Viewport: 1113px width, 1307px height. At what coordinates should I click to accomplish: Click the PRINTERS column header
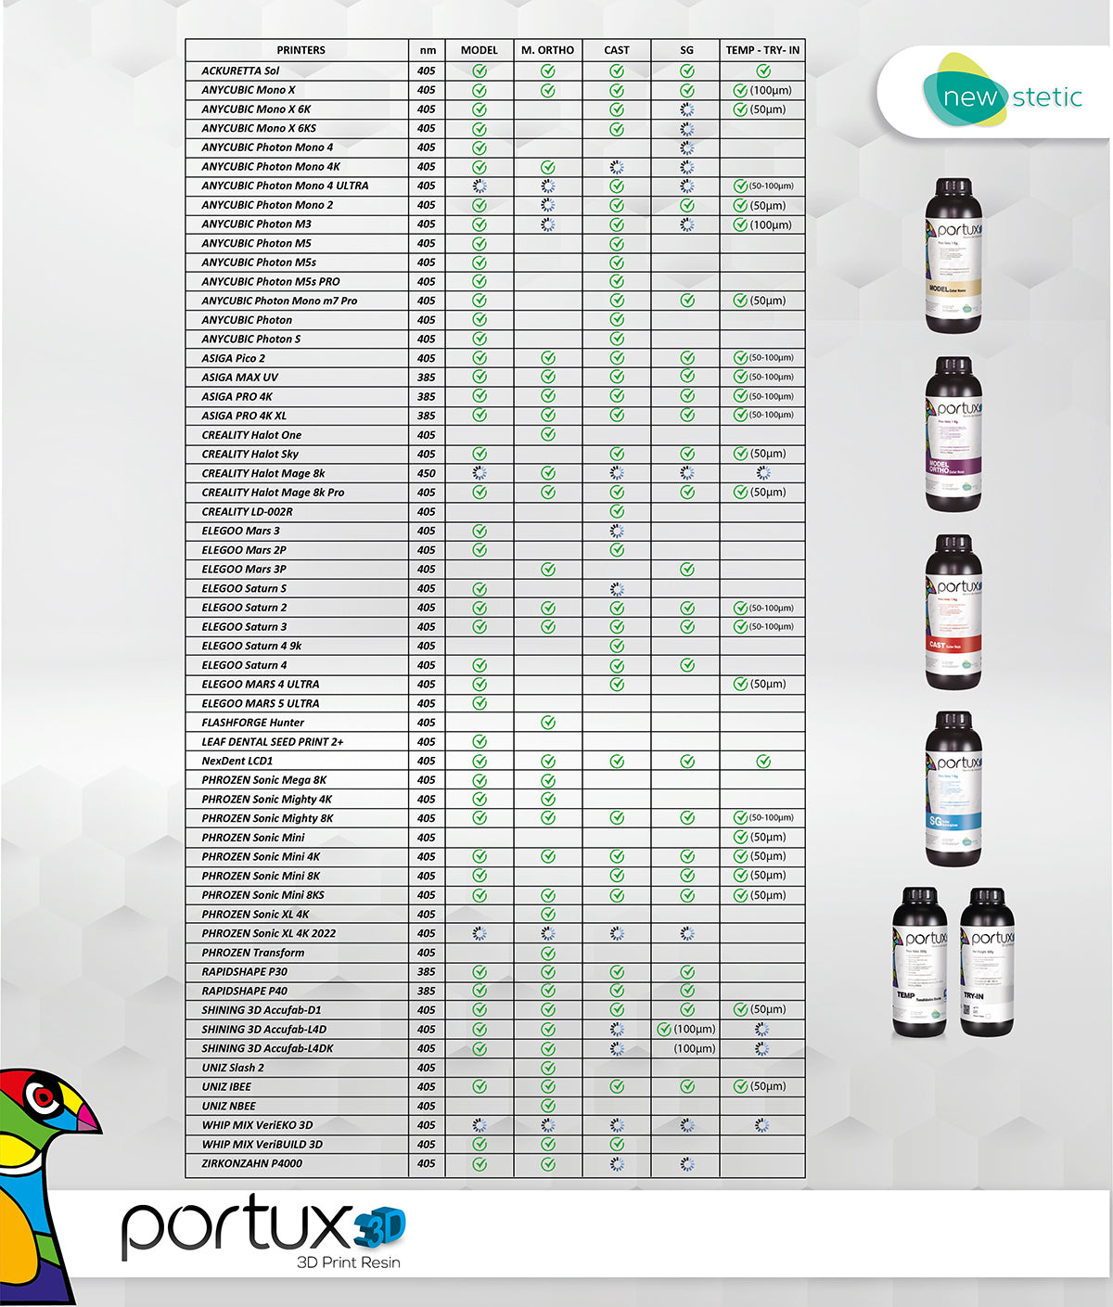pos(301,50)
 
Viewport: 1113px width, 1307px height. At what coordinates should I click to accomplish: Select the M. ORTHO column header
pos(547,50)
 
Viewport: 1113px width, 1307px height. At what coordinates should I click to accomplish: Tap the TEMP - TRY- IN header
pos(762,50)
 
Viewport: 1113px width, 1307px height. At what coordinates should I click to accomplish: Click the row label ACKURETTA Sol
pos(240,70)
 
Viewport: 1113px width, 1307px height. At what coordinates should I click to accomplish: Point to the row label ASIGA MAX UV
pos(239,378)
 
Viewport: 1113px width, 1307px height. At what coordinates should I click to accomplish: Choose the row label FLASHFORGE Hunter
pos(252,723)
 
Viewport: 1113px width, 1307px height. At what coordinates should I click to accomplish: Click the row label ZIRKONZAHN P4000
pos(251,1163)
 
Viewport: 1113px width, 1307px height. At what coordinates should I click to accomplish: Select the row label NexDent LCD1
pos(237,761)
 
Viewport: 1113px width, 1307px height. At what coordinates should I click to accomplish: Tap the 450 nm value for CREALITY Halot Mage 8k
pos(426,473)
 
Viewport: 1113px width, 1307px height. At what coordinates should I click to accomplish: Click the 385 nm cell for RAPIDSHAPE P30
pos(426,972)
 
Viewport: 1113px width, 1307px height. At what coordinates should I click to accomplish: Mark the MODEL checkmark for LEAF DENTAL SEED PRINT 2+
pos(480,741)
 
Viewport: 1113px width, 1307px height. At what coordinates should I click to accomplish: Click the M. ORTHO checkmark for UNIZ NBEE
pos(548,1106)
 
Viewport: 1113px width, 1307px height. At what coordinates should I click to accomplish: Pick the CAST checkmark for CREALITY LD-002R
pos(617,511)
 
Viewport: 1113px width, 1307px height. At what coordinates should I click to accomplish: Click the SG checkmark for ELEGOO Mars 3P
pos(686,569)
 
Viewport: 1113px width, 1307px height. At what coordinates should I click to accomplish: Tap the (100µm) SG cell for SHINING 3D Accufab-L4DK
pos(694,1048)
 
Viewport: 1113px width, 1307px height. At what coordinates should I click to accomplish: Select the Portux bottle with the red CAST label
pos(953,612)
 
